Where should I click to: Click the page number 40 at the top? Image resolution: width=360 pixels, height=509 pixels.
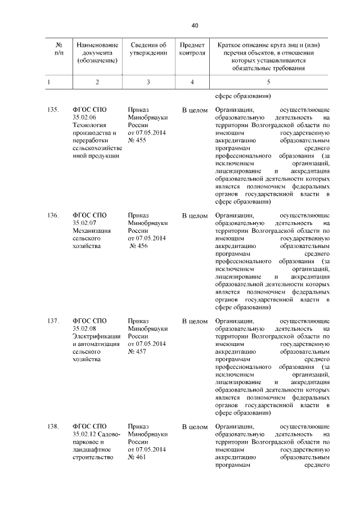pos(195,25)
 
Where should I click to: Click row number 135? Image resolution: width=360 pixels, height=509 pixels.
pos(54,110)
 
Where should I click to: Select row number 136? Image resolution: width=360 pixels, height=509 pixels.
pos(54,215)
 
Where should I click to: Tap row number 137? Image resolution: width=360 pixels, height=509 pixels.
pos(54,321)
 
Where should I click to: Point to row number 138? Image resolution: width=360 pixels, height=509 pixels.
pos(54,427)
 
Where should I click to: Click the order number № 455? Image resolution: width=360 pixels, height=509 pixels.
pos(137,141)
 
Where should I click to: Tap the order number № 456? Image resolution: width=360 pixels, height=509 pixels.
pos(138,246)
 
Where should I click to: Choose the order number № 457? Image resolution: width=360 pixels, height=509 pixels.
pos(137,352)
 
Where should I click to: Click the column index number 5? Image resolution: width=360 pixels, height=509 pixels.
pos(268,83)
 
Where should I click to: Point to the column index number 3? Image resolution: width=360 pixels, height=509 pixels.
pos(148,83)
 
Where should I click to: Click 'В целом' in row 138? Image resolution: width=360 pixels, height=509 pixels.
pos(195,427)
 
